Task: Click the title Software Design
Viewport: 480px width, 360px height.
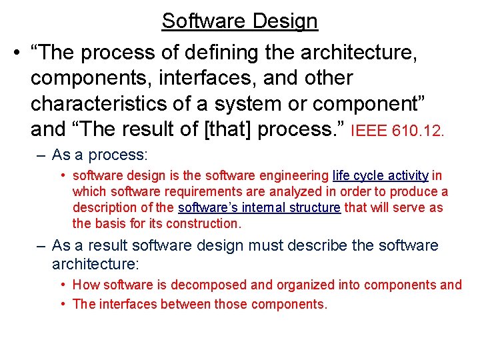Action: pos(239,21)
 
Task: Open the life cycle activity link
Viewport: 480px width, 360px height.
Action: pos(380,176)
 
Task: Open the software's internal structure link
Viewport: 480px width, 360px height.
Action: pos(259,207)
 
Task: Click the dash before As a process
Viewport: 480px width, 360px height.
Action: pos(41,155)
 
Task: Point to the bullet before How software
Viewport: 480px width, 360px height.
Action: pos(62,285)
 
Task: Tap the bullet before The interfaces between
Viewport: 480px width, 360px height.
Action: pos(62,305)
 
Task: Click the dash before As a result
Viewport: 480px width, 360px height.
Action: pos(41,245)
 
